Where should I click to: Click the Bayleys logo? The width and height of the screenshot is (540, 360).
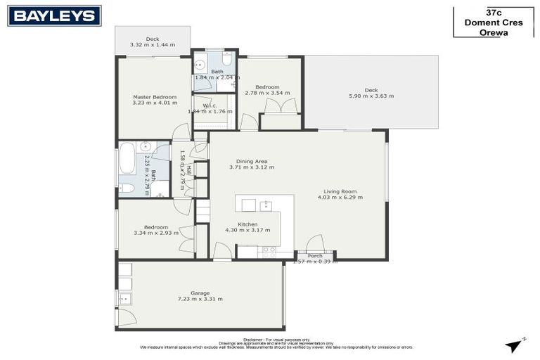(x=54, y=15)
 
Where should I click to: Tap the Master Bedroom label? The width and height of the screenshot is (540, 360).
(x=155, y=97)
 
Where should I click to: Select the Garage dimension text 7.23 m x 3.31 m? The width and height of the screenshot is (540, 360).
(x=200, y=299)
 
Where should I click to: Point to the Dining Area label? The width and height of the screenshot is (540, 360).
(x=252, y=161)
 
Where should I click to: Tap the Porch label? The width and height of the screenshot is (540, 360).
(x=315, y=256)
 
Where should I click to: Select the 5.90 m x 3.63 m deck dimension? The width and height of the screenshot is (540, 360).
(x=371, y=96)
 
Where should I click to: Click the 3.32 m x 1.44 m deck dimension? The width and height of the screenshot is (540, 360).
(x=153, y=45)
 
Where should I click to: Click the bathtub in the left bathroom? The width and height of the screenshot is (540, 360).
(x=127, y=158)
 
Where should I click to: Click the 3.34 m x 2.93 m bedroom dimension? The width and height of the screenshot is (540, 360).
(x=155, y=233)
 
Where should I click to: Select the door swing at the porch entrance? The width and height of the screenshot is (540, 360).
(x=315, y=243)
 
